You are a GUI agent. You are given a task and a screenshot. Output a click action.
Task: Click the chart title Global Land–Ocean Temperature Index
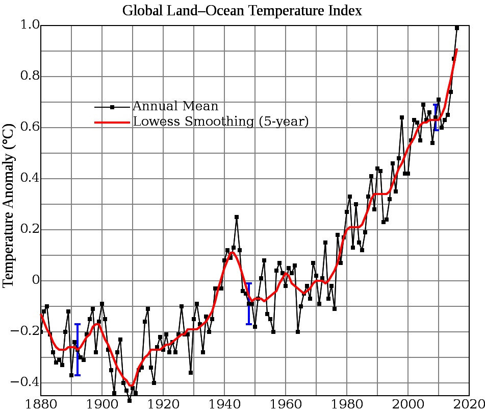coord(242,11)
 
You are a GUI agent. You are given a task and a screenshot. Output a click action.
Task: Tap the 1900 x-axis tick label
coord(102,403)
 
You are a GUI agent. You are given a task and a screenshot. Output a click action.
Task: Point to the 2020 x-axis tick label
coord(468,403)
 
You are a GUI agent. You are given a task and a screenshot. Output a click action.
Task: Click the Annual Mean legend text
coord(175,107)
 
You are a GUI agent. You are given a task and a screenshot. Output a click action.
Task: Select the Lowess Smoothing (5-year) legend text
coord(221,122)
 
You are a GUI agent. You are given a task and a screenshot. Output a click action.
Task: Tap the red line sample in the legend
coord(112,123)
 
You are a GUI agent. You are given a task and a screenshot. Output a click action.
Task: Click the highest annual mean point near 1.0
coord(457,28)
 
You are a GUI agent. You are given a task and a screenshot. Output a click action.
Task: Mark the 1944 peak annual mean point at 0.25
coord(237,217)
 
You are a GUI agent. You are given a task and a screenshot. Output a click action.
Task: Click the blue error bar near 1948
coord(248,303)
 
